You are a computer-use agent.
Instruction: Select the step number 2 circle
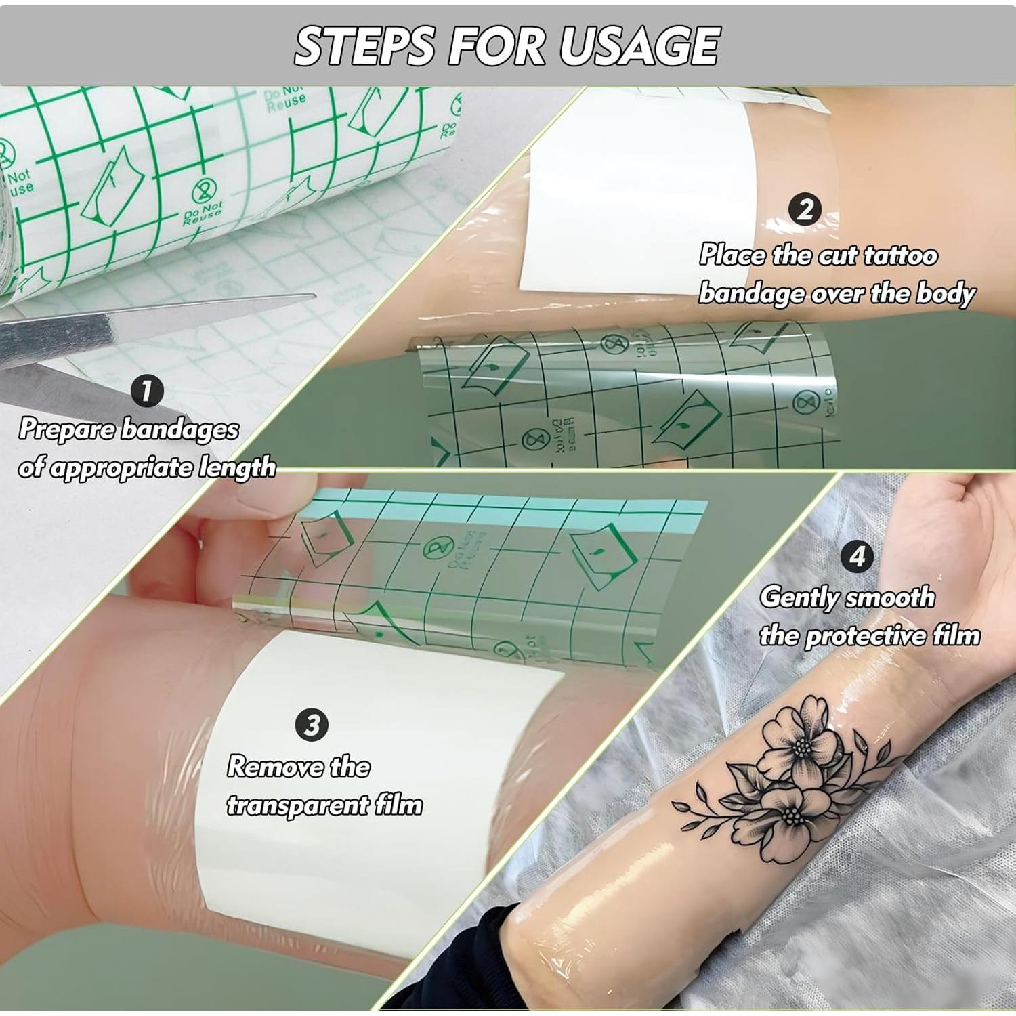point(805,209)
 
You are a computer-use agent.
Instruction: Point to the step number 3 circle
point(312,725)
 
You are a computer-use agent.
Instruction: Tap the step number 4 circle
point(857,556)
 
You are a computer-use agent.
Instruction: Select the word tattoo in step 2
point(901,255)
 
